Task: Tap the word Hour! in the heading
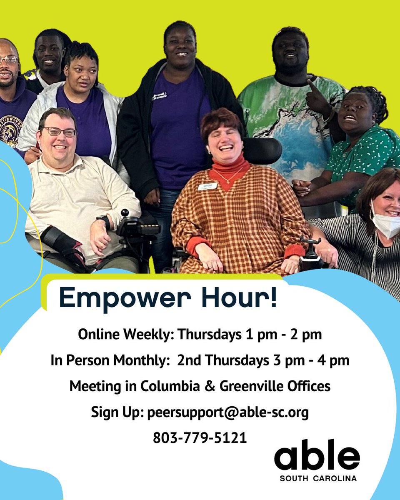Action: pyautogui.click(x=243, y=298)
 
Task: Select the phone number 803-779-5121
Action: pyautogui.click(x=200, y=437)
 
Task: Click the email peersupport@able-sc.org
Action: pyautogui.click(x=228, y=412)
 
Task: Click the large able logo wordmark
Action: pyautogui.click(x=317, y=455)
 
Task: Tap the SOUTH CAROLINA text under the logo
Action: pyautogui.click(x=318, y=478)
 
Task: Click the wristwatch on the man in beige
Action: pyautogui.click(x=103, y=221)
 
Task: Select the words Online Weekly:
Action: pyautogui.click(x=126, y=335)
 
